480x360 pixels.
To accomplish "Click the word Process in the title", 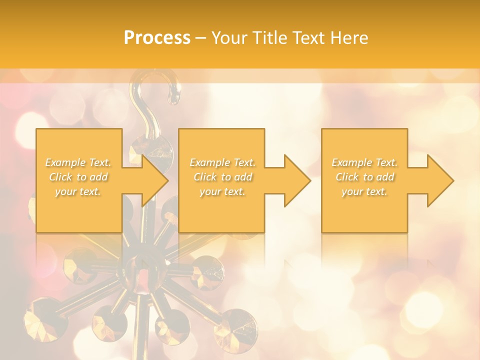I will click(157, 38).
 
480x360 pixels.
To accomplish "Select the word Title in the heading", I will click(270, 38).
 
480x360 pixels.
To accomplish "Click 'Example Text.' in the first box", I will click(78, 162).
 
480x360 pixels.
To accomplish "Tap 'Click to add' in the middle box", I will click(222, 177).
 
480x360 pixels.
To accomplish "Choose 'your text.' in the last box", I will click(364, 191).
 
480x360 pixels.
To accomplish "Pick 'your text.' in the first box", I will click(78, 191).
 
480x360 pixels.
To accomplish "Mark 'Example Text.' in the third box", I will click(364, 162).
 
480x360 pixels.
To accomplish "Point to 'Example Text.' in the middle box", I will click(222, 162).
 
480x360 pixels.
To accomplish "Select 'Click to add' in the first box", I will click(78, 177).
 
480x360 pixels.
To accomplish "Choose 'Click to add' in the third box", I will click(364, 177).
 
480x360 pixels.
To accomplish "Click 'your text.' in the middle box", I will click(222, 191).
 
